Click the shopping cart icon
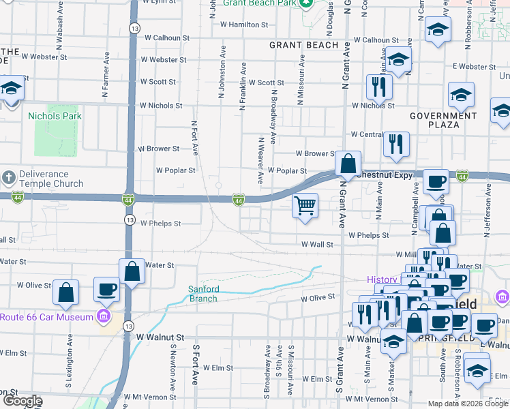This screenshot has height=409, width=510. [305, 205]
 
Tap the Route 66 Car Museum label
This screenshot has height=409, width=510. [46, 317]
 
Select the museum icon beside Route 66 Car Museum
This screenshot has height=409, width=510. [104, 317]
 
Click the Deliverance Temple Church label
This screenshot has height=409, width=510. [50, 179]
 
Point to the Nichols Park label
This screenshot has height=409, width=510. [55, 116]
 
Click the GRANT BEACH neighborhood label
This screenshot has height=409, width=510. [303, 45]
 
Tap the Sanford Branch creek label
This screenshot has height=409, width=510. [203, 294]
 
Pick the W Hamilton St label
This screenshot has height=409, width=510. [244, 25]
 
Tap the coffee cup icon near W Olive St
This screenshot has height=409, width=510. [106, 289]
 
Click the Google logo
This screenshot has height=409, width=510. [22, 401]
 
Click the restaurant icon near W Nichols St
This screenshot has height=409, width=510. [378, 86]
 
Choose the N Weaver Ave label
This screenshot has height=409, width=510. [260, 160]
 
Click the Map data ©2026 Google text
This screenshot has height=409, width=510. [468, 404]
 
